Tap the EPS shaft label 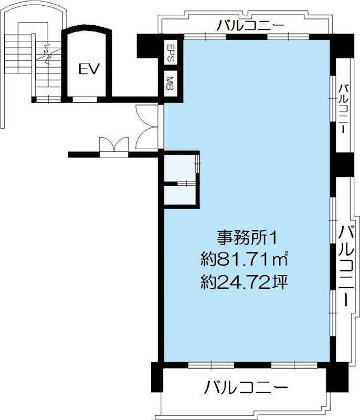click(171, 53)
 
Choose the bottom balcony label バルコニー click(247, 389)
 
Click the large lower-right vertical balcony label click(346, 265)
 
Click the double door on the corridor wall click(113, 146)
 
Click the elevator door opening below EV click(86, 98)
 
